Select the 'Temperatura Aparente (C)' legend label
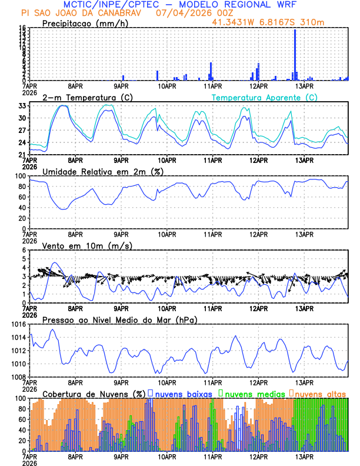[x=265, y=97]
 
